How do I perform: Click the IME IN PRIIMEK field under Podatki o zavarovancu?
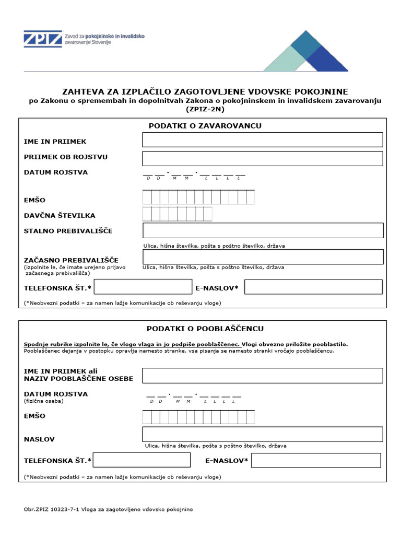263,140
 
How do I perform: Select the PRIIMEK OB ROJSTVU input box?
263,158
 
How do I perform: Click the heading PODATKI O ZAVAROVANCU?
205,126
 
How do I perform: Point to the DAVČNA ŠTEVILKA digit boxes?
177,214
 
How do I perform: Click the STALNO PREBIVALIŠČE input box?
263,230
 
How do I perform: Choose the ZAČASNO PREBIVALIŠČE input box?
263,257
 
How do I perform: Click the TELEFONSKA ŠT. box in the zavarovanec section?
143,287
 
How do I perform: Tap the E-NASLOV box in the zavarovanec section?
313,287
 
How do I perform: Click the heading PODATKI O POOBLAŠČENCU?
205,329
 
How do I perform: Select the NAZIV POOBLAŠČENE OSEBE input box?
263,375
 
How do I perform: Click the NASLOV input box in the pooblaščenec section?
263,434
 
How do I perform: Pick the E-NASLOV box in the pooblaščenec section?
316,460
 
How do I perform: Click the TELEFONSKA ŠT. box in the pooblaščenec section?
141,460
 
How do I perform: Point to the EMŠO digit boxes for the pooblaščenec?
198,417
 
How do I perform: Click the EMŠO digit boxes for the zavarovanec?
198,197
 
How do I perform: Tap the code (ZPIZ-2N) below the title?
205,109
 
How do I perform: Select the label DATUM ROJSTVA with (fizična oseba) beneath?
56,394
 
